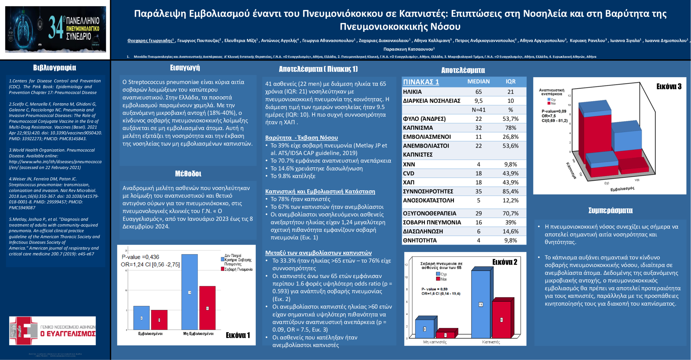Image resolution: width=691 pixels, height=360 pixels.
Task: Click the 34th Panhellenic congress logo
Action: (55, 29)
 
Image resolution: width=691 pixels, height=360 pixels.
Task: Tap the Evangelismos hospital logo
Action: (52, 331)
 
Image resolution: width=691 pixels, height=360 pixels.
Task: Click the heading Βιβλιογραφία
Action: (55, 68)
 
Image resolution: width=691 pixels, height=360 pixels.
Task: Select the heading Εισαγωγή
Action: (185, 68)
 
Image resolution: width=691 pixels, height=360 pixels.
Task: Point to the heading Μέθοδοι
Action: (188, 174)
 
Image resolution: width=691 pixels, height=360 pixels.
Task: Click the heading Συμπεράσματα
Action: (610, 211)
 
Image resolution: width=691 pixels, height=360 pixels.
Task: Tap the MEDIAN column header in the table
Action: (478, 82)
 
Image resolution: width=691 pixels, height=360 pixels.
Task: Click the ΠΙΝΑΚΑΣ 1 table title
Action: (421, 82)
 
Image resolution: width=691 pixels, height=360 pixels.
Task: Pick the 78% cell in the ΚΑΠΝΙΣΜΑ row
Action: (510, 128)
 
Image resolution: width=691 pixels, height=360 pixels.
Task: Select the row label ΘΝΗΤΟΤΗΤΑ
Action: (420, 241)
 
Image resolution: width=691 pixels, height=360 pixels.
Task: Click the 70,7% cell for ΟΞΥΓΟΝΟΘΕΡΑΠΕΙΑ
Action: (510, 214)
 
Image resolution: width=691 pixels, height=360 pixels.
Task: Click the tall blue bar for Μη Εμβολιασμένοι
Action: (189, 292)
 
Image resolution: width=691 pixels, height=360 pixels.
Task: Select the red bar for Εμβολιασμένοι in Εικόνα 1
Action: (159, 320)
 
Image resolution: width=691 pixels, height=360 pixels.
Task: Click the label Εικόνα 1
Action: (238, 335)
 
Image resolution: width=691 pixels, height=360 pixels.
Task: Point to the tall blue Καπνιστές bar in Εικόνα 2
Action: (480, 304)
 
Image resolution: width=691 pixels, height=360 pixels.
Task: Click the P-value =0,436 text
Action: (140, 257)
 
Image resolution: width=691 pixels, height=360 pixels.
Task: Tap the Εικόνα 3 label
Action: (669, 87)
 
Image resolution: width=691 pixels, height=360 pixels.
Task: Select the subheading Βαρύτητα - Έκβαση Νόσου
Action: (301, 138)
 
